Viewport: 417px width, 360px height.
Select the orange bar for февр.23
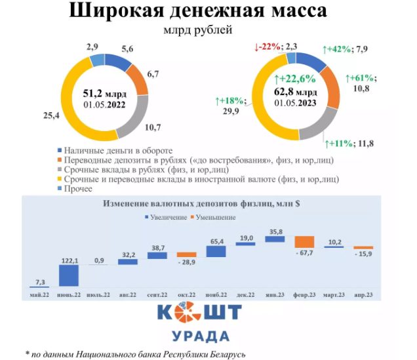click(304, 242)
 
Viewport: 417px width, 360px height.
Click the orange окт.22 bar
click(186, 254)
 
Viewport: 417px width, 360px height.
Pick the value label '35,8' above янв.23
click(275, 231)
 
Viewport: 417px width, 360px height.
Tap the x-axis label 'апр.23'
click(363, 294)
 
